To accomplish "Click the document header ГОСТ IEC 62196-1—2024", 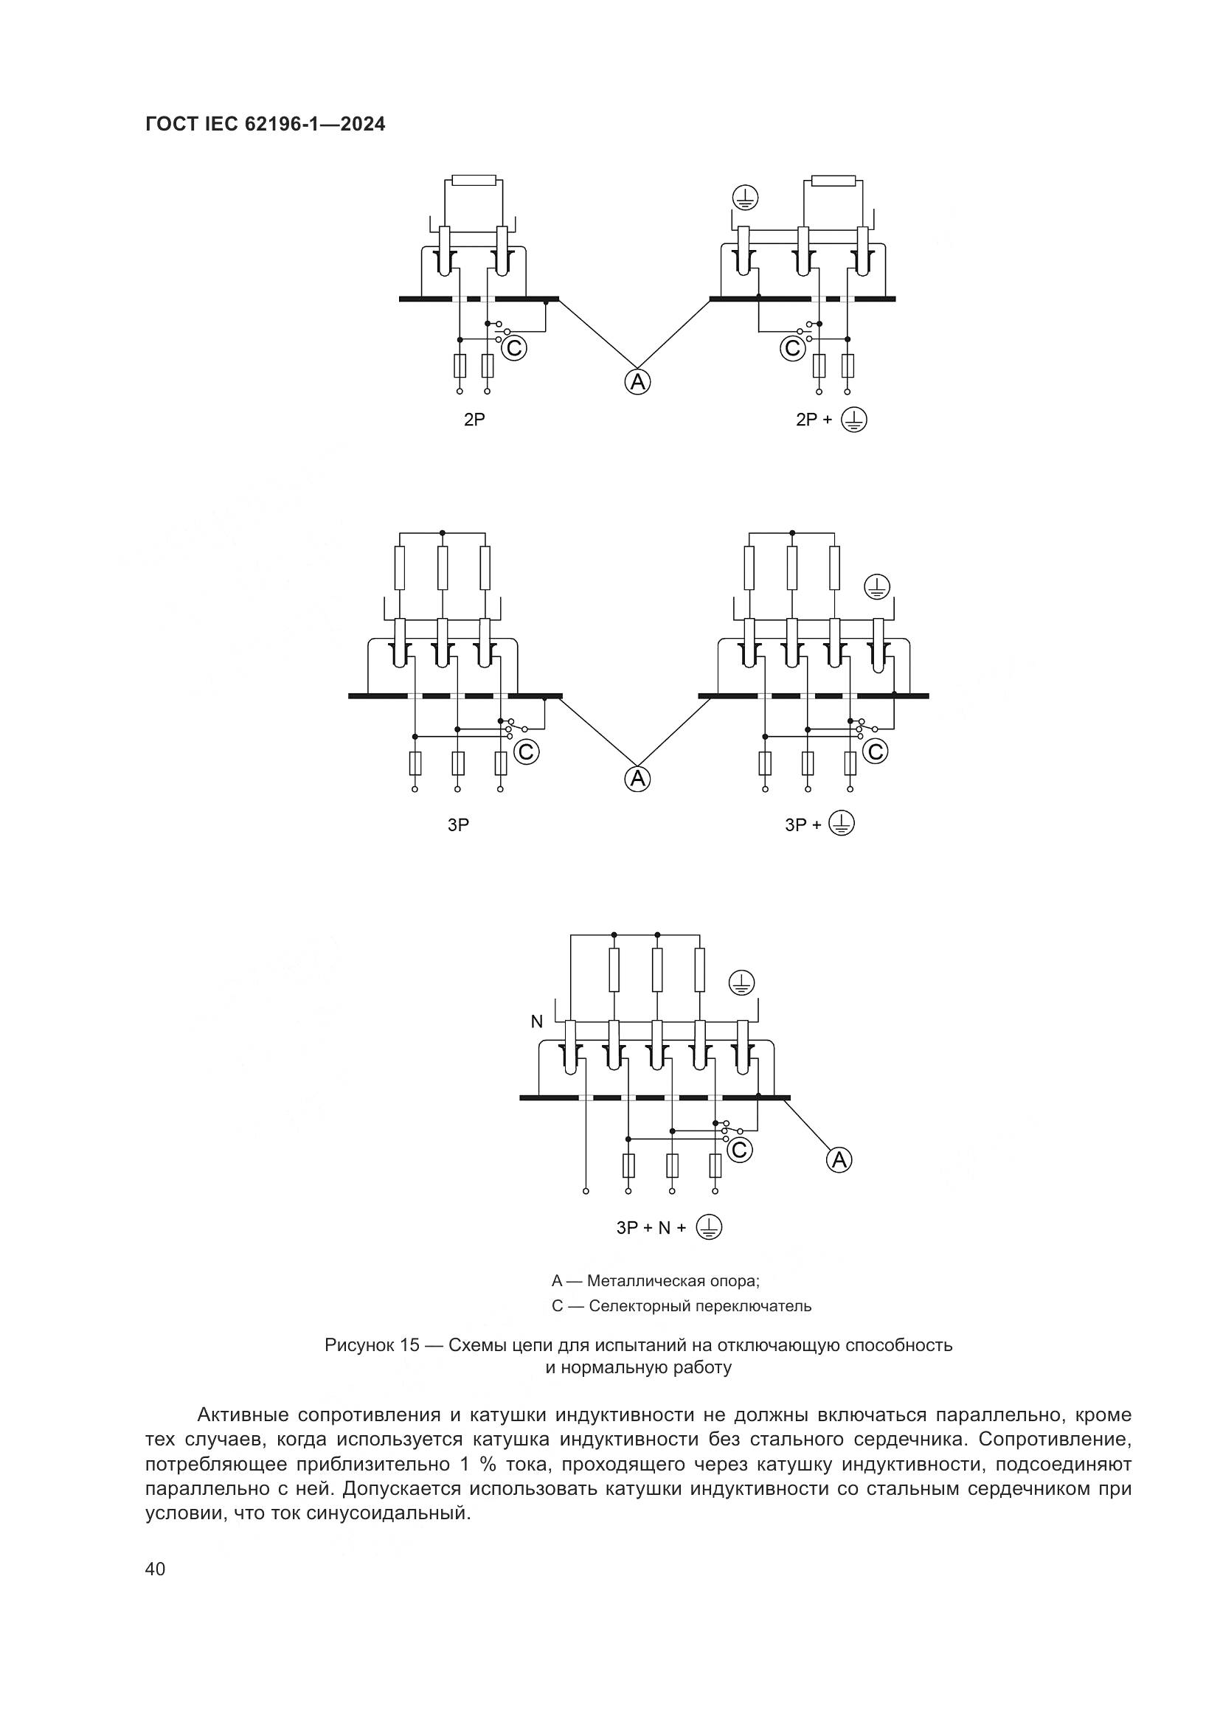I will coord(266,125).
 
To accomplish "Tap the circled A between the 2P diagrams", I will coord(637,383).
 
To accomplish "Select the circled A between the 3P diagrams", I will coord(637,779).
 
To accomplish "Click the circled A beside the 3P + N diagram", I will coord(839,1160).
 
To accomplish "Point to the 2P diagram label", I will coord(474,420).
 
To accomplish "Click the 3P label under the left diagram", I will coord(458,825).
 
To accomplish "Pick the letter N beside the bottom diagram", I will coord(536,1021).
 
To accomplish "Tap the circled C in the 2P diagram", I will coord(514,348).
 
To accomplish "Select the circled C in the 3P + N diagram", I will coord(739,1150).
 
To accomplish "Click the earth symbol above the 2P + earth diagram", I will coord(745,198).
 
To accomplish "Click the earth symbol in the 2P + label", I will coord(853,419).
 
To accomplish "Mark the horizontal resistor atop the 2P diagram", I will coord(474,180).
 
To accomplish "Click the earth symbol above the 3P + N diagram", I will coord(741,982).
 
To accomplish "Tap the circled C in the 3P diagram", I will coord(526,752).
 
